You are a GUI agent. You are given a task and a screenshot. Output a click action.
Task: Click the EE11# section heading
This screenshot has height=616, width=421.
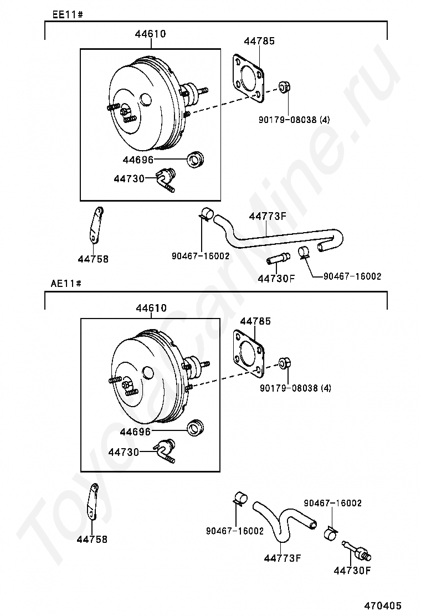coord(68,14)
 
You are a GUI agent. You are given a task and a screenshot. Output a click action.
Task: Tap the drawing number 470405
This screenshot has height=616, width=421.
coord(383,605)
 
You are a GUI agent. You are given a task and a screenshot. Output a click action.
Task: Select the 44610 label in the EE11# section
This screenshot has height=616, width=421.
coord(150,34)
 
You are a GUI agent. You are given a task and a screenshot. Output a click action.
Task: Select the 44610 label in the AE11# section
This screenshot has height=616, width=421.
coord(150,308)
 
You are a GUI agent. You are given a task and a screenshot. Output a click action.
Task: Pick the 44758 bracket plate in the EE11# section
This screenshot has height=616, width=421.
coord(96,224)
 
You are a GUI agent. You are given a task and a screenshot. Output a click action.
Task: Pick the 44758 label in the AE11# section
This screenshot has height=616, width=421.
coord(92,538)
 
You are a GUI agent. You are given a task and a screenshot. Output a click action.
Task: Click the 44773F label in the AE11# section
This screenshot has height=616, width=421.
coord(282,558)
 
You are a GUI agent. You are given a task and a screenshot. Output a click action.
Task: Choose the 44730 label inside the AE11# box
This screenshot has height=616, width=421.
coord(124,452)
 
